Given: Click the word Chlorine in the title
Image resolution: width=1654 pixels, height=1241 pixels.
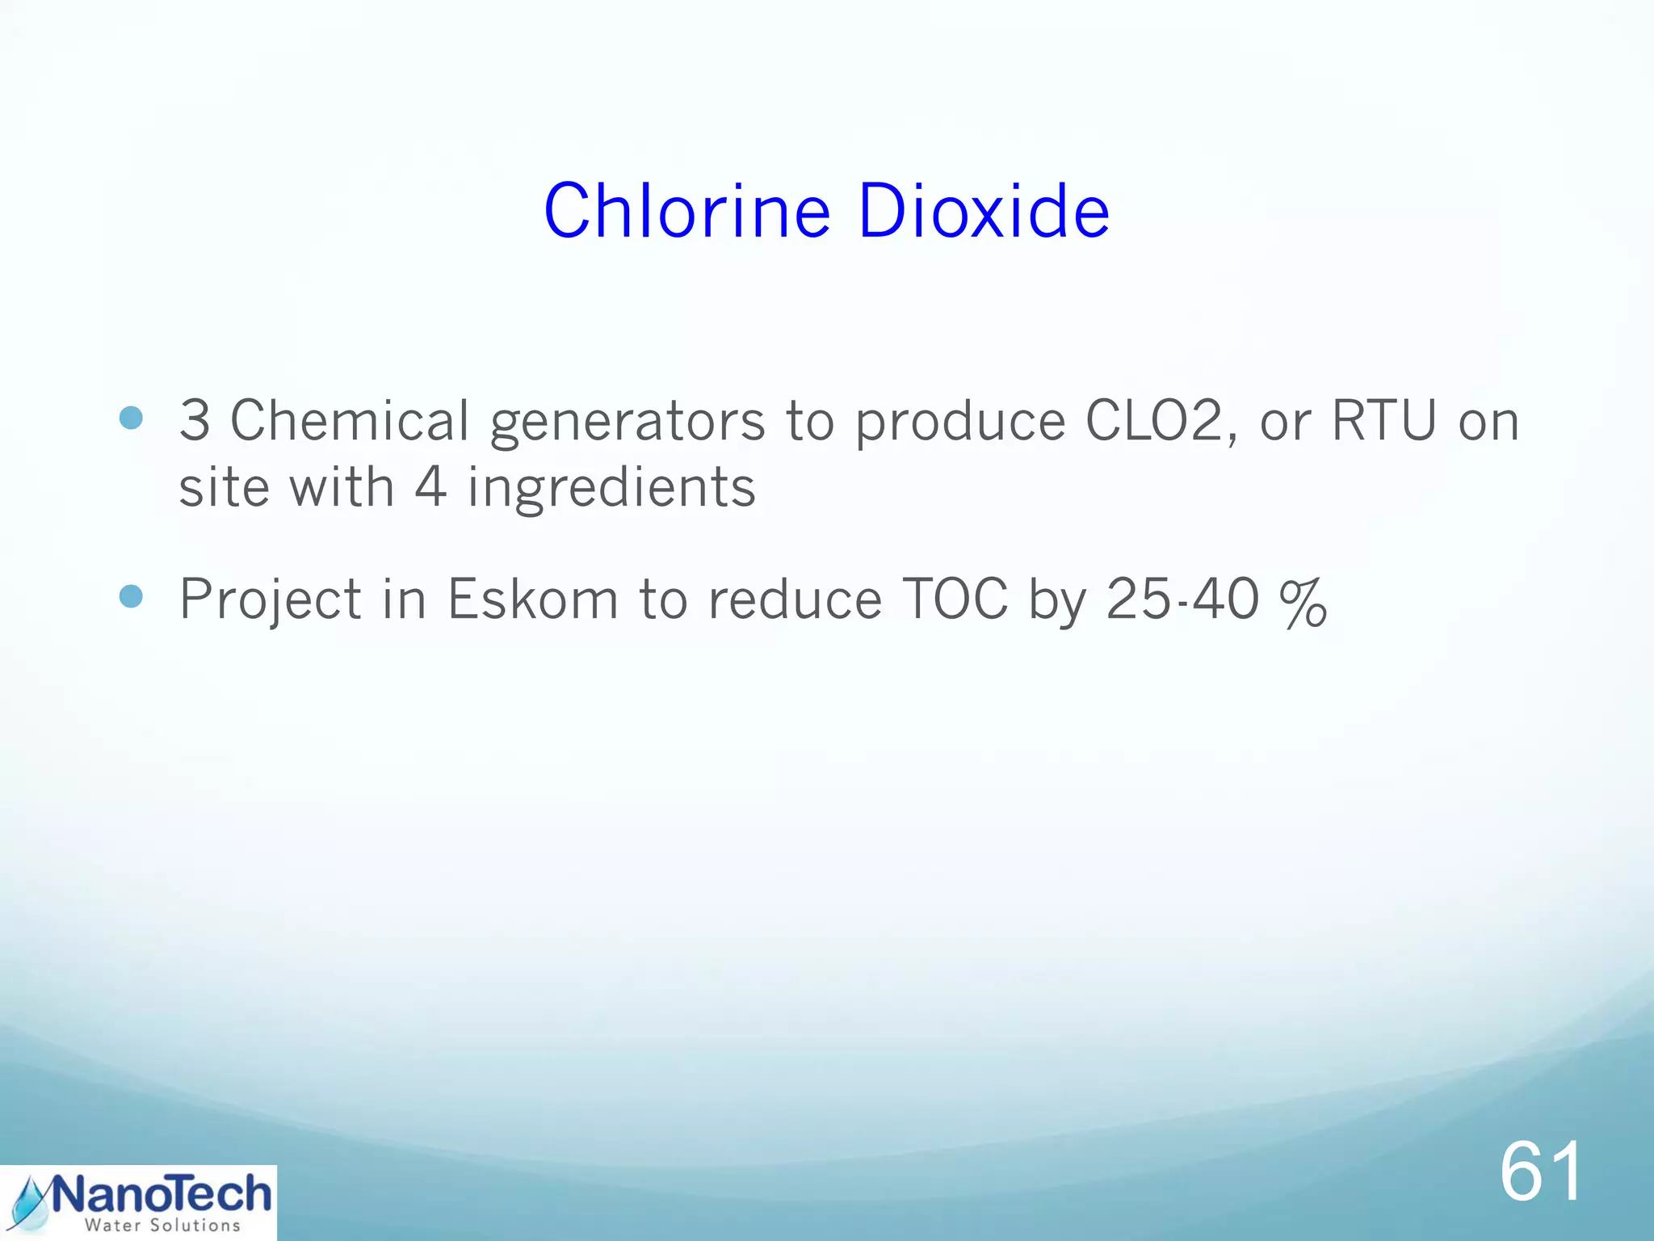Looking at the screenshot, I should pyautogui.click(x=686, y=211).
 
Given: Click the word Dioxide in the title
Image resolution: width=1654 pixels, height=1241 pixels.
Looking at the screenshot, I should pyautogui.click(x=984, y=211).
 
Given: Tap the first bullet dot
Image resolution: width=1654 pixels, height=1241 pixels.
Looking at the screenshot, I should pyautogui.click(x=131, y=418).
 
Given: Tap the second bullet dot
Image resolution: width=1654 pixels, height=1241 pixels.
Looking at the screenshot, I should pyautogui.click(x=131, y=597).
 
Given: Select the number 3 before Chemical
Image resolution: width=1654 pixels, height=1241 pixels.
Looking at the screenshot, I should pyautogui.click(x=195, y=421).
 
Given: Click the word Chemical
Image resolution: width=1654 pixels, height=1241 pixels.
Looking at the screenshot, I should pyautogui.click(x=349, y=421).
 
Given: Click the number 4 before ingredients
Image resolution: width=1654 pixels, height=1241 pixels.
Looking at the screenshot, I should pyautogui.click(x=430, y=487).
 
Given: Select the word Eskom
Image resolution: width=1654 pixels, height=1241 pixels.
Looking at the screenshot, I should pyautogui.click(x=533, y=599).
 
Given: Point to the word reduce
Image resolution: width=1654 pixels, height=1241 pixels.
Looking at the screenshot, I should pyautogui.click(x=795, y=599).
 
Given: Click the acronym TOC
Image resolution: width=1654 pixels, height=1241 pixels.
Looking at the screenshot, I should pyautogui.click(x=955, y=599).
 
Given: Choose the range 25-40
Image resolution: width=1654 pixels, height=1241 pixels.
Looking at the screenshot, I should pyautogui.click(x=1182, y=599).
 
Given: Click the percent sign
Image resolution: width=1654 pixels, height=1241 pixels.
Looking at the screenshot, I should pyautogui.click(x=1303, y=602).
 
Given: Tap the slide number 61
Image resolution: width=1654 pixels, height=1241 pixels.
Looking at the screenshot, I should pyautogui.click(x=1541, y=1172).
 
